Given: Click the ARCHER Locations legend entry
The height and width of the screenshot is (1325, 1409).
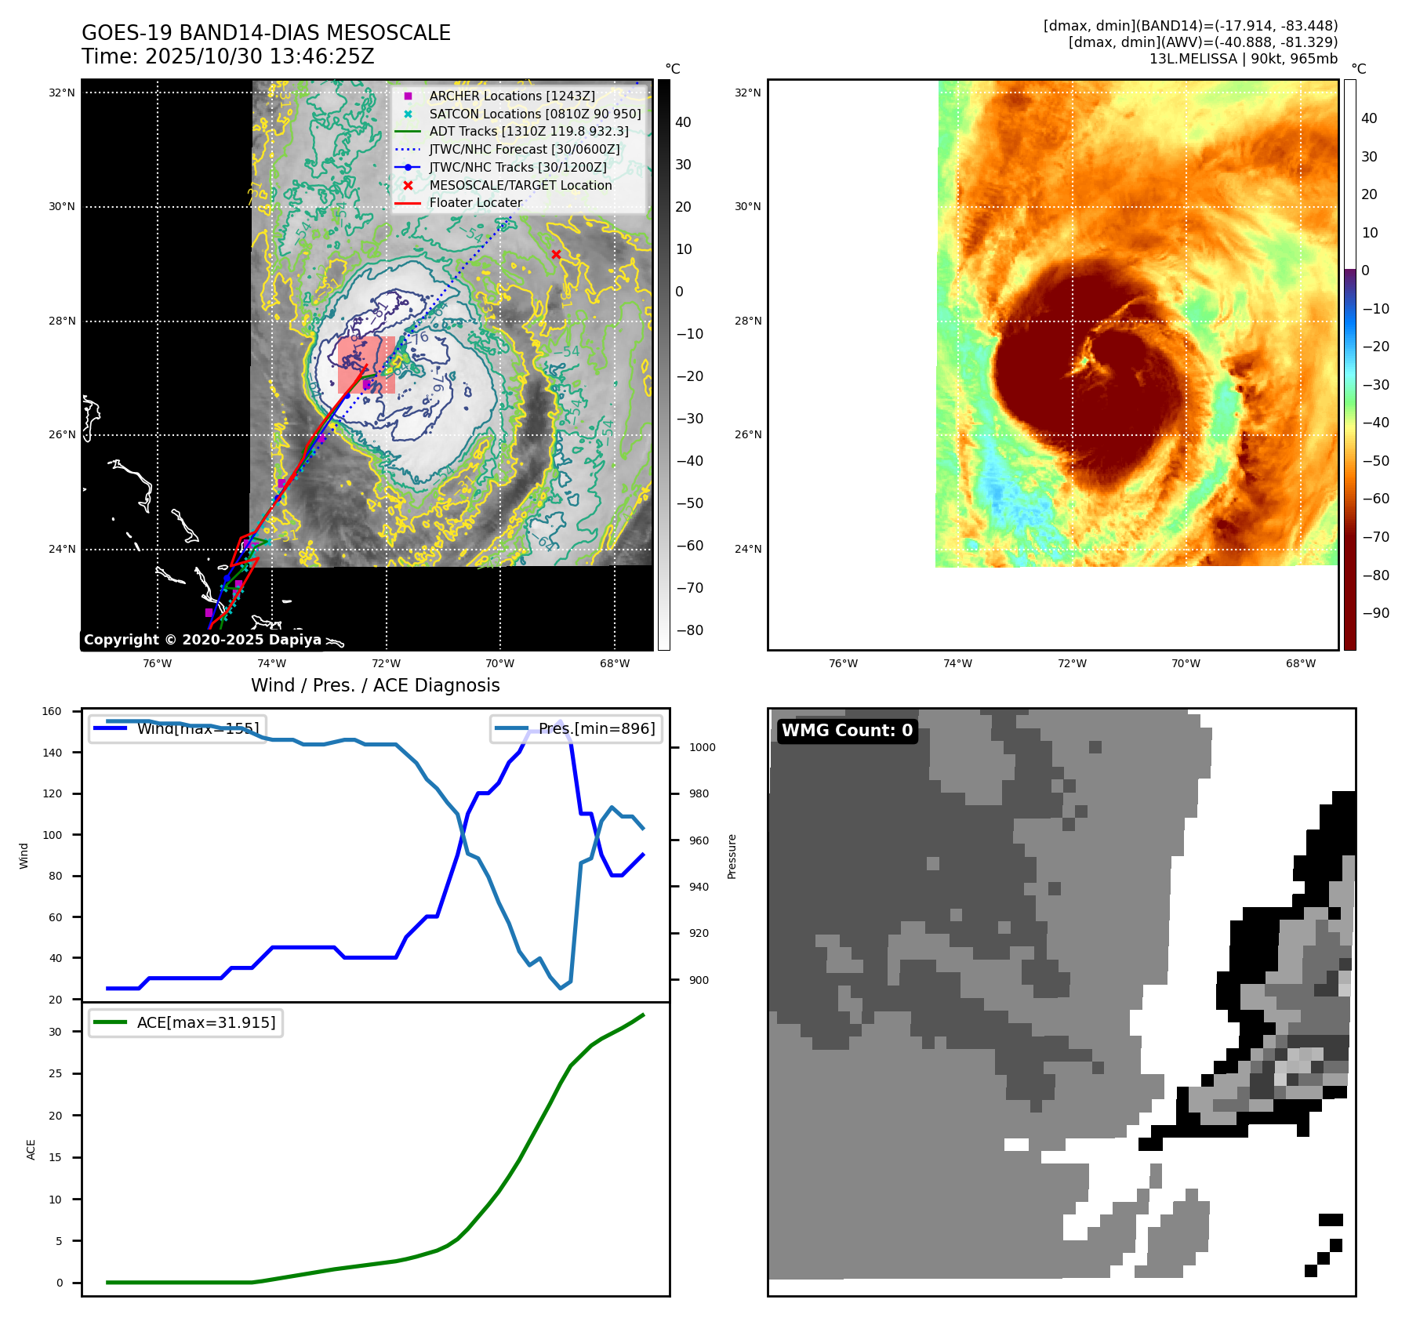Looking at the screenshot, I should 511,96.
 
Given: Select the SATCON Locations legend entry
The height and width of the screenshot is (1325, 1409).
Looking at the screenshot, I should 535,114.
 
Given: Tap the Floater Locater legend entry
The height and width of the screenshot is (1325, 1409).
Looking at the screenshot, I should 475,202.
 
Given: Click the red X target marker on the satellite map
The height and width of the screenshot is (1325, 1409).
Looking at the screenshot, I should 556,254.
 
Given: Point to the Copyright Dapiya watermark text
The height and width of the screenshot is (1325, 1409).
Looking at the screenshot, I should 202,640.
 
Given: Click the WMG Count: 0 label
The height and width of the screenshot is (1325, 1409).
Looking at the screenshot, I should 847,731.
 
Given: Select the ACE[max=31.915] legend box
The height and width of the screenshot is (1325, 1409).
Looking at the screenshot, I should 186,1022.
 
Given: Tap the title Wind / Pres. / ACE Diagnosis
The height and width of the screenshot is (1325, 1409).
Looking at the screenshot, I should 375,685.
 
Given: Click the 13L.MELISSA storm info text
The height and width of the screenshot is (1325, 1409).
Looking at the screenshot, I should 1243,59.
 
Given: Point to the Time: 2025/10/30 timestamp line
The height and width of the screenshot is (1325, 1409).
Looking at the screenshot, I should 228,56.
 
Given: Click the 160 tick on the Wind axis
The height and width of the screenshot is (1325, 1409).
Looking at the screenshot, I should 52,712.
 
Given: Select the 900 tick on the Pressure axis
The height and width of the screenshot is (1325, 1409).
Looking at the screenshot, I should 699,980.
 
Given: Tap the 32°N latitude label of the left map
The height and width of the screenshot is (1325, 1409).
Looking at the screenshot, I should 62,93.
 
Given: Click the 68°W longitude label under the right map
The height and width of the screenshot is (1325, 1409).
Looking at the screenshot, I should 1300,663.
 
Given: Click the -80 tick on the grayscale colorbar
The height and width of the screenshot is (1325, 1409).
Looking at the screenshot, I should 690,630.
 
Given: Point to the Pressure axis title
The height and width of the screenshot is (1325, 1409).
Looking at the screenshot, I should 732,856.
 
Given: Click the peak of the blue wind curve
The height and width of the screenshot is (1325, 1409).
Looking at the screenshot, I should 560,721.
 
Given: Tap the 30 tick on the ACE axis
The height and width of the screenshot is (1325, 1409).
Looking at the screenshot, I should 55,1032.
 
